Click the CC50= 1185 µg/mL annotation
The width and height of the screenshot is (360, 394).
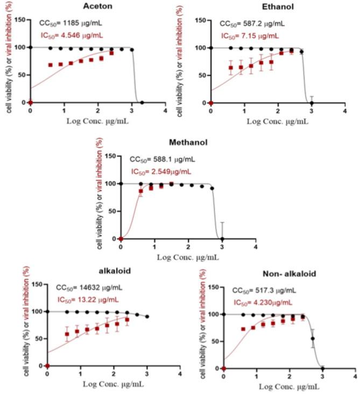coord(70,24)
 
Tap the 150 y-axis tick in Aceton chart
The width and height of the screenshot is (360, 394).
coord(21,20)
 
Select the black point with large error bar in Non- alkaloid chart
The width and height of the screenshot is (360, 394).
coord(313,339)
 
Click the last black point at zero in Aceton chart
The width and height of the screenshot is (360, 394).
coord(142,102)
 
